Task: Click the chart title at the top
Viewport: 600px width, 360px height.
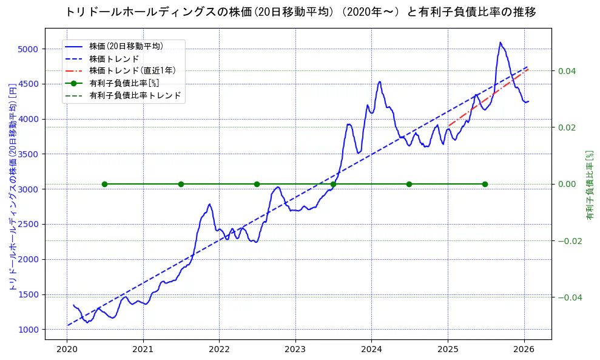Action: (x=300, y=12)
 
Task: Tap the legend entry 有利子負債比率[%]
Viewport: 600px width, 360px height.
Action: (x=124, y=83)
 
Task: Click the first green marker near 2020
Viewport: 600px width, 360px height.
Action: (x=104, y=184)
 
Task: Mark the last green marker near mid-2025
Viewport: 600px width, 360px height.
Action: (x=485, y=184)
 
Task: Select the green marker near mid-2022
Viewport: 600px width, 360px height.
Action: (x=257, y=184)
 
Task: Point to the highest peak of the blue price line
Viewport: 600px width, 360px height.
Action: (x=501, y=42)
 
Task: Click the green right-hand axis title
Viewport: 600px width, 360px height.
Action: (x=589, y=185)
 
